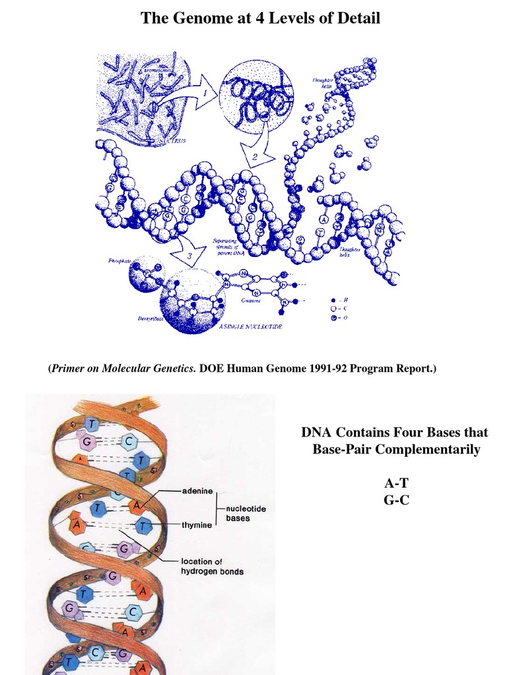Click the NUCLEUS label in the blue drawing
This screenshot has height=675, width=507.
coord(170,141)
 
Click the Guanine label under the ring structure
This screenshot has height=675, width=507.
coord(251,300)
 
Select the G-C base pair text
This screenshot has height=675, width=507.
coord(396,500)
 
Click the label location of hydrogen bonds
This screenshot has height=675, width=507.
coord(212,566)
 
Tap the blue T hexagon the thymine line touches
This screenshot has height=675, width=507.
coord(143,526)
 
